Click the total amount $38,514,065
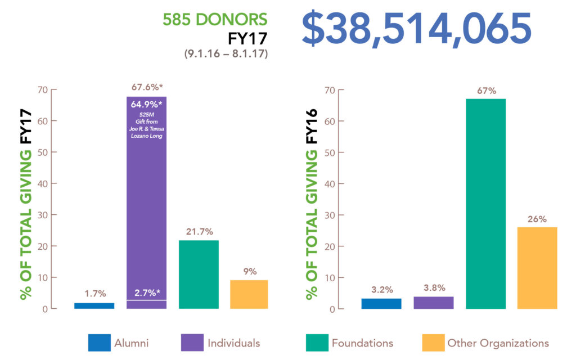tap(416, 30)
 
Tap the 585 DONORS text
tap(215, 20)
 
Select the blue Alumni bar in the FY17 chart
tap(94, 305)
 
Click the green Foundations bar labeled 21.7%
tap(199, 274)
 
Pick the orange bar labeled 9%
tap(249, 294)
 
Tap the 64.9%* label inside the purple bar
tap(146, 105)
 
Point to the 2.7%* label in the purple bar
tap(146, 292)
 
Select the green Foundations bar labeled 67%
tap(485, 204)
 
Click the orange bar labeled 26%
tap(537, 268)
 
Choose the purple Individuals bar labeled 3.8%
tap(434, 303)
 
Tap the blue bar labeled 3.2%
tap(381, 303)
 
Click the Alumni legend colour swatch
tap(99, 343)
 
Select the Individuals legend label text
tap(233, 343)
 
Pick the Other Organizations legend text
tap(498, 343)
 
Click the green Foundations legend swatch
tap(317, 343)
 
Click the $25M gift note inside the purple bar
tap(146, 127)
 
